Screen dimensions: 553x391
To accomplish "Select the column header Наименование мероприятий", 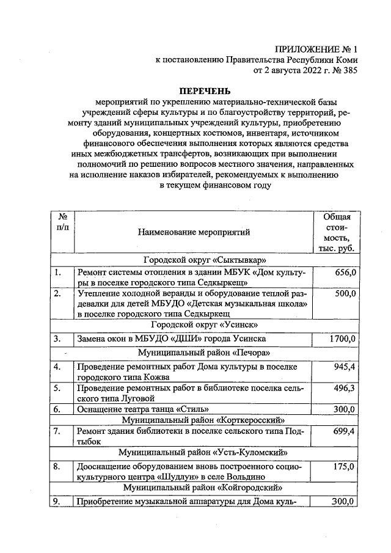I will pyautogui.click(x=194, y=232).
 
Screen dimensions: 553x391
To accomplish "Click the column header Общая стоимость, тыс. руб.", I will pyautogui.click(x=337, y=232).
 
